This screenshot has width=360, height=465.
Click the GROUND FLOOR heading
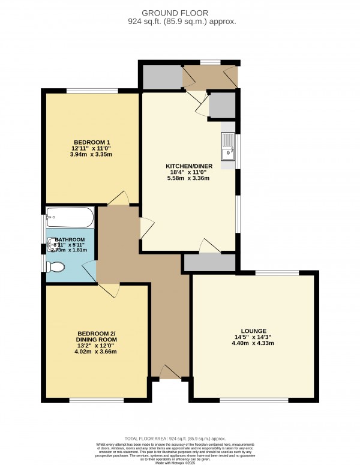coord(179,12)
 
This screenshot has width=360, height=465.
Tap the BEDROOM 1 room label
coord(92,142)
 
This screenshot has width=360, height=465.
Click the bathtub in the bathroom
coord(70,215)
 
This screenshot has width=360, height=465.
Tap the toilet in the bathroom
coord(58,266)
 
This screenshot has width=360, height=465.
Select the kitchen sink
coord(228,148)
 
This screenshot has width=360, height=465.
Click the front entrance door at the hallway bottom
coord(170,373)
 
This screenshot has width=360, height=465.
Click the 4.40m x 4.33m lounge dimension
coord(253,344)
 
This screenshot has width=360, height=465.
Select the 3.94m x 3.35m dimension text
coord(92,155)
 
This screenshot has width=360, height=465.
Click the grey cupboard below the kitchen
coord(209,263)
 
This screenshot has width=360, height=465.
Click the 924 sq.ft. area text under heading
coord(179,22)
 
